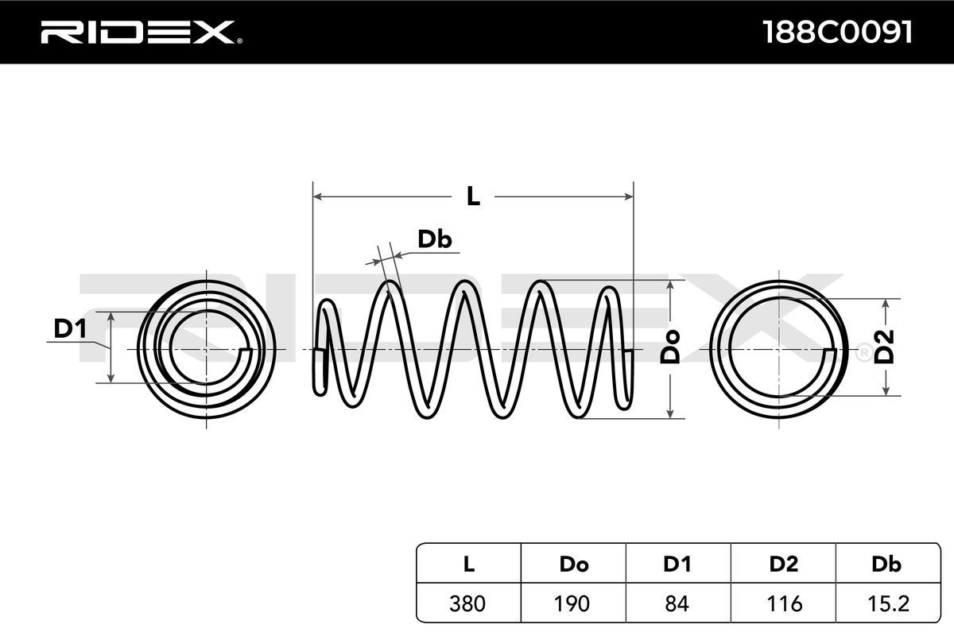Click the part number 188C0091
836,32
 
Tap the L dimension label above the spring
473,196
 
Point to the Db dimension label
434,239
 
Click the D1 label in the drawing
70,327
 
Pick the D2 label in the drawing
884,347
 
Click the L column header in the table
468,564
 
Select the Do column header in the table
573,564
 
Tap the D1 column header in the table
677,564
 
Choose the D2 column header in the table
783,564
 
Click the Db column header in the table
886,564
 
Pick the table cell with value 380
468,603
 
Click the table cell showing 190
573,603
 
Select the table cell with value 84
677,603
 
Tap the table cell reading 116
783,603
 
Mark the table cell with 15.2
886,603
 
